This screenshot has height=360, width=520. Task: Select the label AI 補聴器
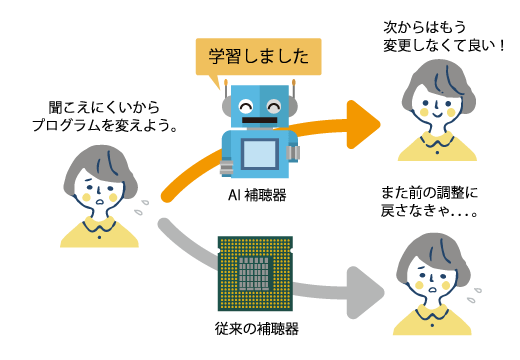257,195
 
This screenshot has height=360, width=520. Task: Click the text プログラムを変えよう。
105,126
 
